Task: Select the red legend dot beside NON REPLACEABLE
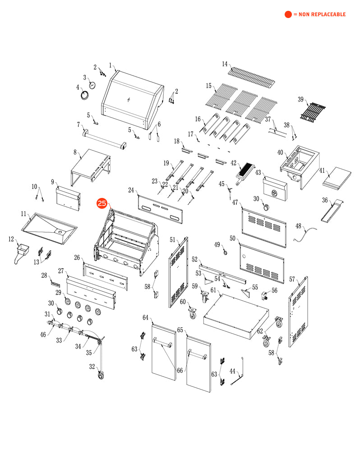(288, 14)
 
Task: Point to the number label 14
(225, 64)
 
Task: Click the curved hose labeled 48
(306, 232)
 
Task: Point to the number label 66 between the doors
(180, 371)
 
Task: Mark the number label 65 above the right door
(180, 330)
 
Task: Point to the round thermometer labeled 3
(92, 85)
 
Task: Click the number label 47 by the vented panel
(235, 203)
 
